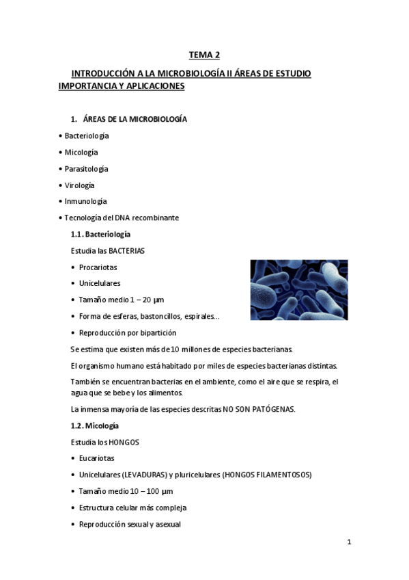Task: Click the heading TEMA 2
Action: click(x=204, y=55)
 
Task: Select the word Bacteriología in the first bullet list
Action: click(x=87, y=135)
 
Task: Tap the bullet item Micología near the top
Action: click(x=81, y=152)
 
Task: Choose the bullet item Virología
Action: click(x=79, y=185)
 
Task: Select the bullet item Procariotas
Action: click(x=98, y=267)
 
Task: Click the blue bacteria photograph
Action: click(x=298, y=289)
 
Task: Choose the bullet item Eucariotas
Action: click(x=96, y=458)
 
